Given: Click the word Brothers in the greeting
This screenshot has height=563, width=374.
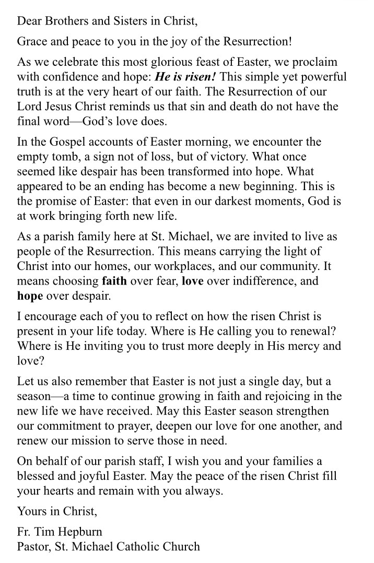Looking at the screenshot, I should (x=60, y=21).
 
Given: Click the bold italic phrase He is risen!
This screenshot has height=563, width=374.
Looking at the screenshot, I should (x=186, y=77).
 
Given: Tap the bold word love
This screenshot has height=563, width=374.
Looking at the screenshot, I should (x=192, y=280).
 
